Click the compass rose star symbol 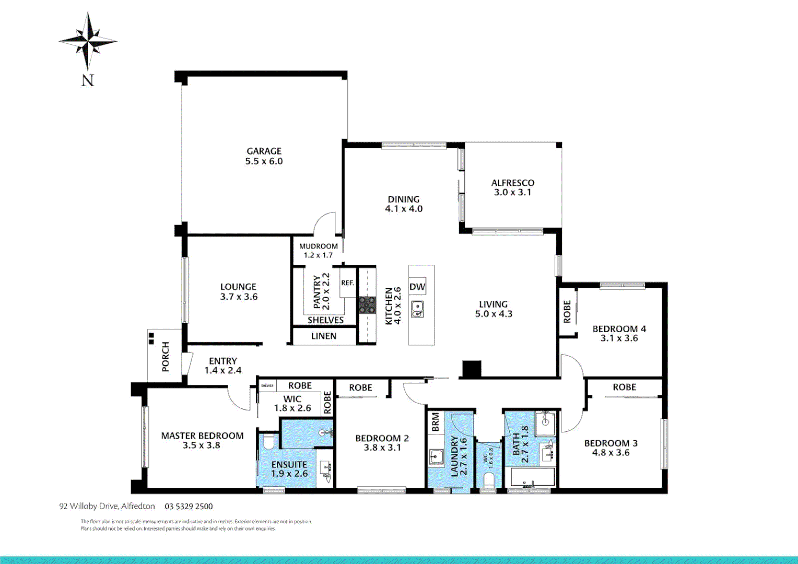[x=88, y=41]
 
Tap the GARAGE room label [x=264, y=151]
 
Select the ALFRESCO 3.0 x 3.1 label [x=512, y=187]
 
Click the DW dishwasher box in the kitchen [x=417, y=287]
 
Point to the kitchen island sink [x=417, y=309]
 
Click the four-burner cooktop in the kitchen [x=367, y=305]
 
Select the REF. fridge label [x=347, y=283]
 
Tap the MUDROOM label [x=318, y=246]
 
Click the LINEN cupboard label [x=324, y=336]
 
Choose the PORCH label [x=166, y=357]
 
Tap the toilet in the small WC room [x=489, y=479]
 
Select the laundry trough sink [x=436, y=457]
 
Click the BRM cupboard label [x=436, y=422]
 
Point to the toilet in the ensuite [x=268, y=442]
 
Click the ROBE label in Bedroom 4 [x=567, y=311]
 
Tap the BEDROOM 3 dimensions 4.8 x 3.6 [x=611, y=453]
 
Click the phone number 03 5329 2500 [x=189, y=507]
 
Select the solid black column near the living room [x=471, y=369]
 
